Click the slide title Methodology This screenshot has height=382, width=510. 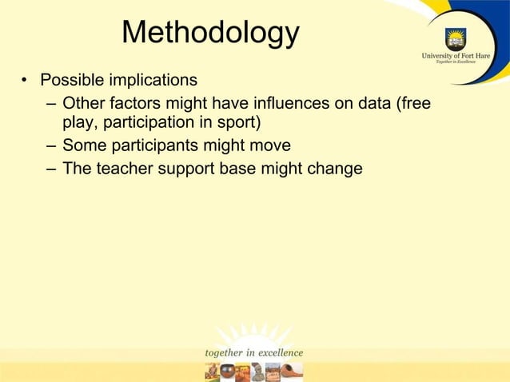tap(210, 33)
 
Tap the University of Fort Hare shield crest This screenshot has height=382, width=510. tap(456, 38)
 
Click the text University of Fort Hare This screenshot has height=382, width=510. tap(456, 57)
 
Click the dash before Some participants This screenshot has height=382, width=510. tap(50, 146)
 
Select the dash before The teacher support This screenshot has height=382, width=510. tap(50, 169)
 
